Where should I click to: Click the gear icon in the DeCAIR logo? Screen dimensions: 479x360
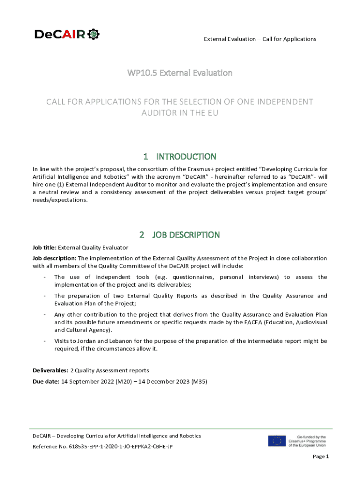click(94, 34)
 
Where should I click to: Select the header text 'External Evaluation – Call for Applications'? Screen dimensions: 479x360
click(260, 39)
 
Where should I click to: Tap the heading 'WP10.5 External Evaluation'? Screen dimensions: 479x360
click(180, 73)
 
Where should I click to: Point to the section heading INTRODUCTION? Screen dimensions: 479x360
click(186, 156)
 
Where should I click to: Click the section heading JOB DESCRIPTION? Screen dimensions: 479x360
click(186, 234)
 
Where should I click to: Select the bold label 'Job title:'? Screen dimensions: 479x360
click(44, 247)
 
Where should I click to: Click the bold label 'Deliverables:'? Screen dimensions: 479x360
click(50, 370)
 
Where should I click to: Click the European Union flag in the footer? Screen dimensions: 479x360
click(277, 441)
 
